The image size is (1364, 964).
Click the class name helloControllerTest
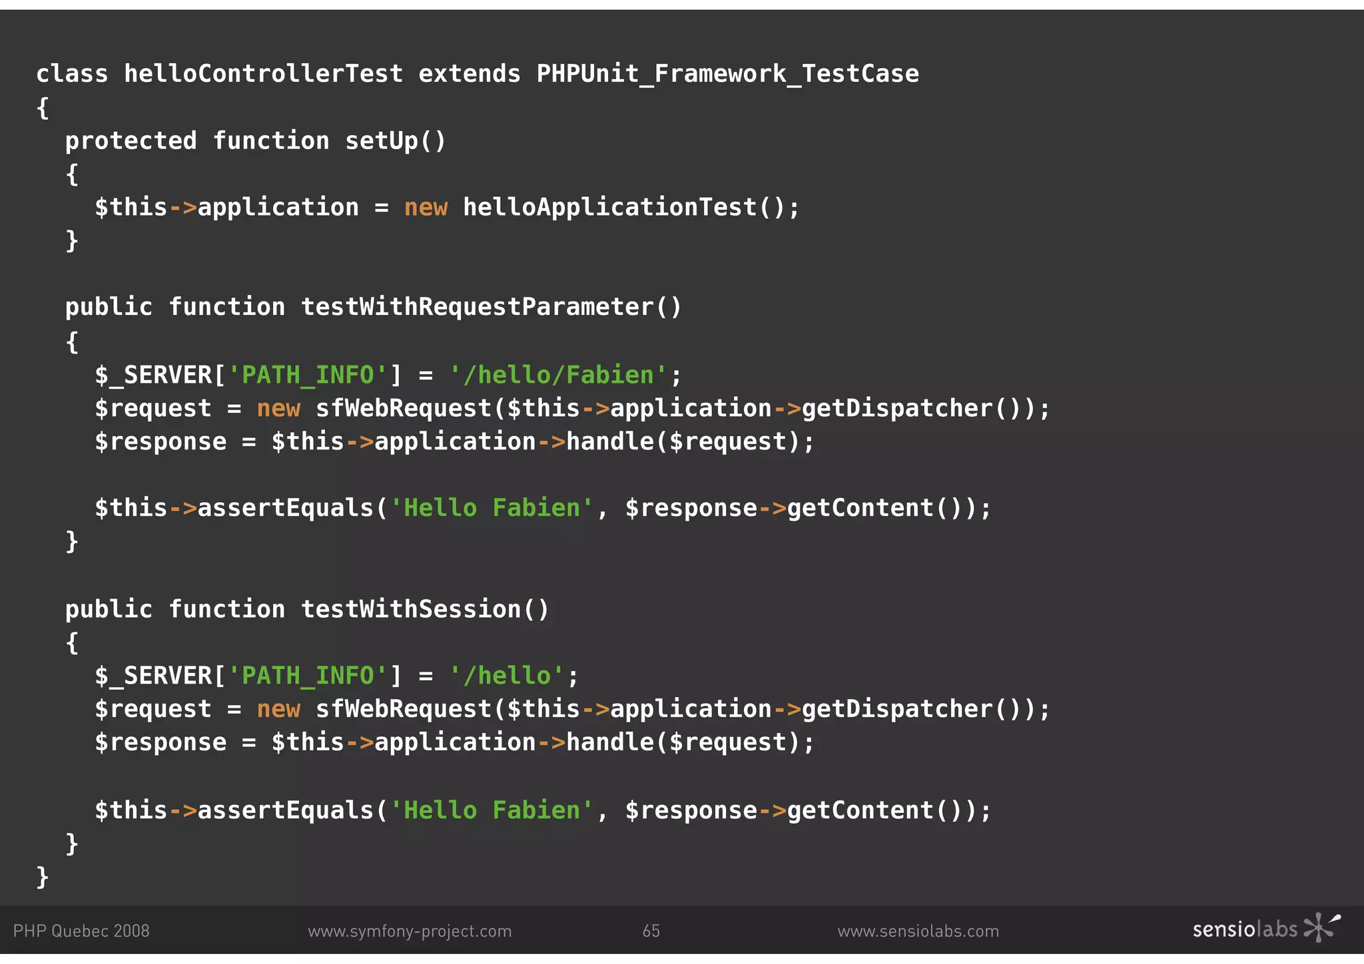(263, 73)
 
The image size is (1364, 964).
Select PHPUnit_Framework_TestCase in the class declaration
(727, 73)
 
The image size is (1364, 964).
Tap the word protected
(131, 140)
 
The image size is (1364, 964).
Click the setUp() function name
(395, 140)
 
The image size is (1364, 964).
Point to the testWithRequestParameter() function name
(491, 307)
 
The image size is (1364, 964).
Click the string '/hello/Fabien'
(558, 375)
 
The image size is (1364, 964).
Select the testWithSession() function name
(424, 609)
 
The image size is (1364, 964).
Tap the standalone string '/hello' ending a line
(507, 676)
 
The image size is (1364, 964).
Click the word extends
(469, 73)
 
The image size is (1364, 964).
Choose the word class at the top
(72, 73)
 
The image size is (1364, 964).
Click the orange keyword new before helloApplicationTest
(426, 208)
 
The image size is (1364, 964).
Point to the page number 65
(651, 931)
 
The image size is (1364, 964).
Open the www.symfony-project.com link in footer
(410, 931)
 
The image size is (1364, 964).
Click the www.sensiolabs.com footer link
(918, 931)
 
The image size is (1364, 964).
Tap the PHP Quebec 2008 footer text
(81, 931)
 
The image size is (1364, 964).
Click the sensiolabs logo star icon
(1321, 927)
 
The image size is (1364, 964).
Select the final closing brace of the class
(43, 877)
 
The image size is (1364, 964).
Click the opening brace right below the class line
(43, 107)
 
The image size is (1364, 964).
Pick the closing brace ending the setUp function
(72, 240)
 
